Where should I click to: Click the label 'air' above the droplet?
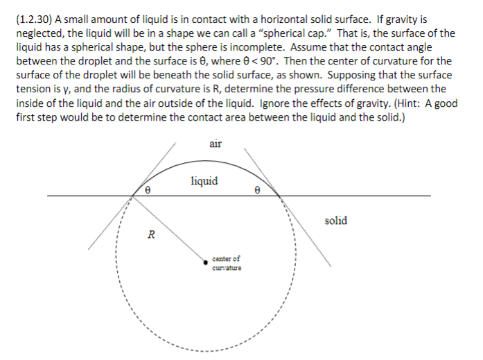(x=214, y=144)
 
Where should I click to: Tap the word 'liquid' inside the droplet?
(x=204, y=182)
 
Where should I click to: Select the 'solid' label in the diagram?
(x=335, y=221)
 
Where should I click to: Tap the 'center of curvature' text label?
(x=227, y=263)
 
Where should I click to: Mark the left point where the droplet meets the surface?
(x=132, y=196)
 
